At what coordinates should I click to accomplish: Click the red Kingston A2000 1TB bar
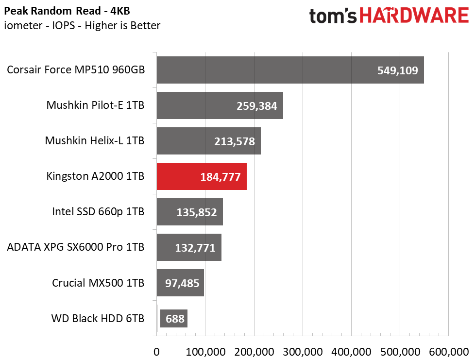click(x=202, y=176)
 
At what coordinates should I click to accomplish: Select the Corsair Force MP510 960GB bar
click(x=290, y=70)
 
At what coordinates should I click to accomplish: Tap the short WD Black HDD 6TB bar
click(x=157, y=318)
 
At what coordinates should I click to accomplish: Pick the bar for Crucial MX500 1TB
click(x=180, y=283)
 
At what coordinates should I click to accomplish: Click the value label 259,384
click(x=256, y=106)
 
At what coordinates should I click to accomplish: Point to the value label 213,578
click(x=235, y=141)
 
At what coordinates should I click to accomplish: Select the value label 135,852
click(x=197, y=212)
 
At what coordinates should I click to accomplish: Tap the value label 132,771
click(x=195, y=248)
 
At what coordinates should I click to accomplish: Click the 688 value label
click(x=175, y=319)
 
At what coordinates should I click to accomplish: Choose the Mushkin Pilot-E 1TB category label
click(x=95, y=105)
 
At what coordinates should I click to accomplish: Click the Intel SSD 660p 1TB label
click(x=98, y=211)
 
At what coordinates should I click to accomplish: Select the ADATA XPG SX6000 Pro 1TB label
click(x=76, y=247)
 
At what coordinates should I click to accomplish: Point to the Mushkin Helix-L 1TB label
click(x=95, y=140)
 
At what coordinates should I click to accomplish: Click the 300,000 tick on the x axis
click(x=303, y=352)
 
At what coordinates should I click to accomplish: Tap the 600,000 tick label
click(x=449, y=352)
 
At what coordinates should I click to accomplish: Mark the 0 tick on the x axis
click(x=156, y=352)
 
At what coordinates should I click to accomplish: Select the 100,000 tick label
click(x=205, y=352)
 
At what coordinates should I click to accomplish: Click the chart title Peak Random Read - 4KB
click(x=67, y=11)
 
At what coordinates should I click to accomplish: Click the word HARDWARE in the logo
click(x=414, y=16)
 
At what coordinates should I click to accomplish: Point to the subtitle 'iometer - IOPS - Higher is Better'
click(x=82, y=25)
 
